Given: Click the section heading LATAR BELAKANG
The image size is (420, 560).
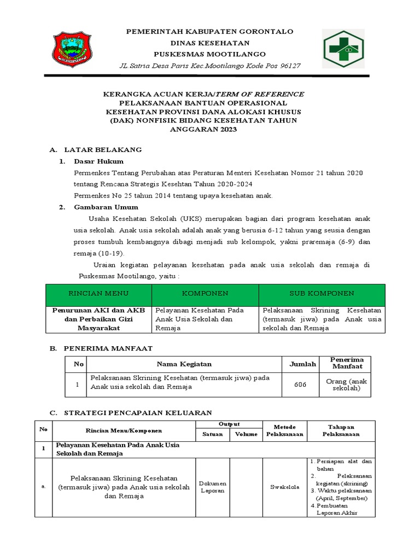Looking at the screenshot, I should coord(103,149).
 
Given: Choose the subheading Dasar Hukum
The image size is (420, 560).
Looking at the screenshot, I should coord(99,161).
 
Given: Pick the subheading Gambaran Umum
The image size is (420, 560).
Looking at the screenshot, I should coord(106,207).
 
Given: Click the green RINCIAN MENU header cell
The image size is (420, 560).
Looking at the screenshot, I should coord(98,294).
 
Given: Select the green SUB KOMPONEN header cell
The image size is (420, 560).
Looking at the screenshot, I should coord(322,294).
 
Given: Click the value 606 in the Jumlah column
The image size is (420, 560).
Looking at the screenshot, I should coord(300,384).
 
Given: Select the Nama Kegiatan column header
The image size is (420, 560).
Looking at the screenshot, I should coord(184,364).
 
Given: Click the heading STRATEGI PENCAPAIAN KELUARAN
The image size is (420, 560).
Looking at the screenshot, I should coord(138,412).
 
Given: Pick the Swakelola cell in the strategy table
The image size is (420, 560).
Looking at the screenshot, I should coord(284,488).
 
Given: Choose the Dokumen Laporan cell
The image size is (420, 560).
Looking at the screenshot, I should coord(212,488).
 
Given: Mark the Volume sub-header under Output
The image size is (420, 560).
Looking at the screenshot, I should coord(246,435).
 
